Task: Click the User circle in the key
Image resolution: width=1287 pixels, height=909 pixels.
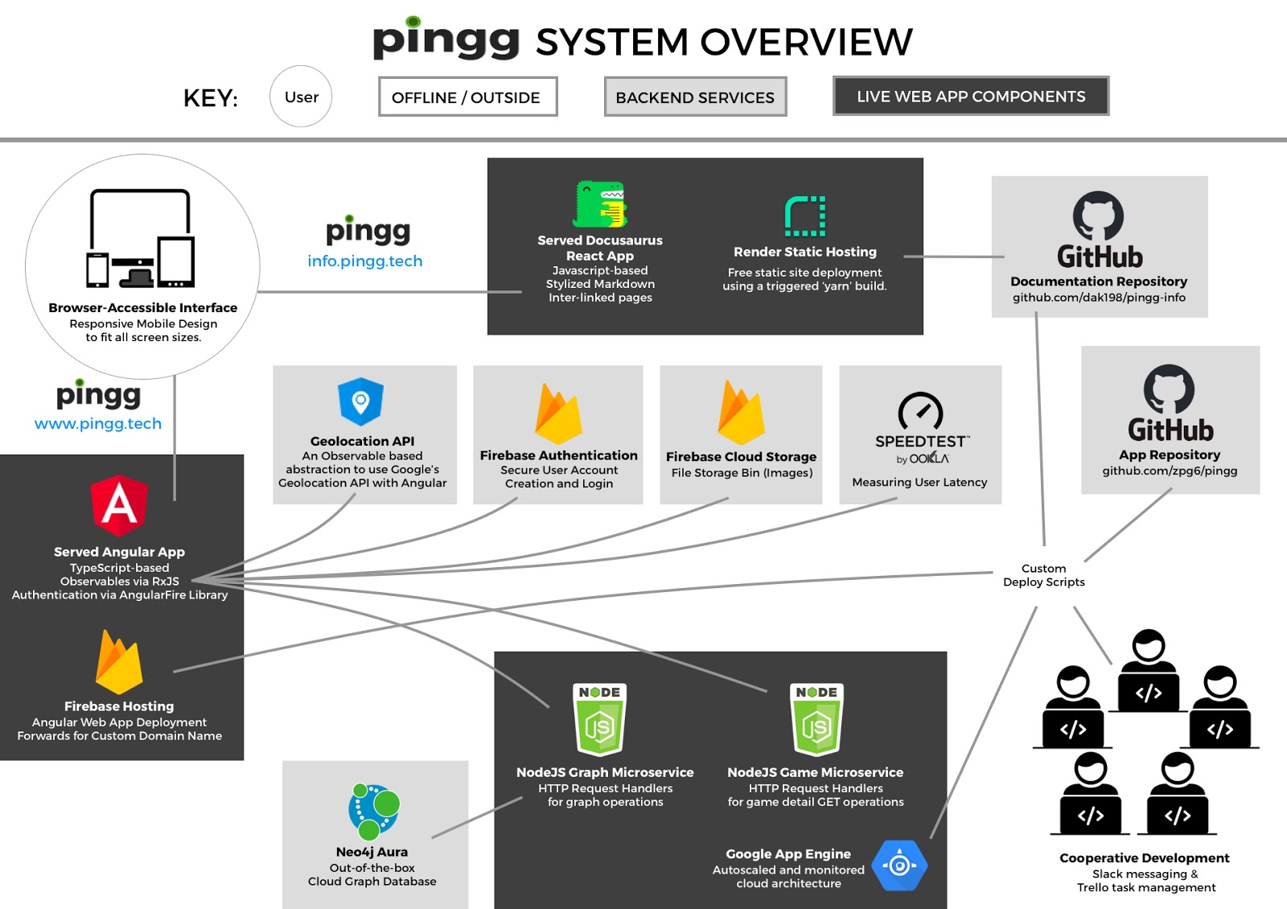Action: tap(301, 97)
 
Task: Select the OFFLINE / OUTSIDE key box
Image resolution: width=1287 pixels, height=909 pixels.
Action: tap(467, 97)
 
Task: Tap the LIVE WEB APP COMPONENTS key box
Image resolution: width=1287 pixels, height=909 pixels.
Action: tap(971, 97)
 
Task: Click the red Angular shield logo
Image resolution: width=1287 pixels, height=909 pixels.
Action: tap(119, 505)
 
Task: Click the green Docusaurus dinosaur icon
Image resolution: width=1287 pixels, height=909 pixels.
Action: tap(601, 204)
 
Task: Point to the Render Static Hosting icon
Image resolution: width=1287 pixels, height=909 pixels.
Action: tap(805, 216)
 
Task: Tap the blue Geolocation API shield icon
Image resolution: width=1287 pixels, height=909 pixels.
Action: tap(360, 401)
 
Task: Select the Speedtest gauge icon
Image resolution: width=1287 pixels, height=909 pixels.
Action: tap(920, 412)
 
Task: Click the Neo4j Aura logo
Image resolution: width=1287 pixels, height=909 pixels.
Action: tap(374, 811)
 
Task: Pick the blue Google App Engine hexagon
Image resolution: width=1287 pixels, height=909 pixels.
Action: tap(899, 866)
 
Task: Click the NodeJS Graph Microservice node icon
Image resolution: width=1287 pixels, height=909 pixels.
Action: tap(600, 720)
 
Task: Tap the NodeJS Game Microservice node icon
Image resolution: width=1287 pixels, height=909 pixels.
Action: tap(816, 720)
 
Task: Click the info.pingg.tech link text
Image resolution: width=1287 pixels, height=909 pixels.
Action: tap(364, 261)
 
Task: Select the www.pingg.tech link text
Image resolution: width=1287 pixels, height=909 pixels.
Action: tap(98, 423)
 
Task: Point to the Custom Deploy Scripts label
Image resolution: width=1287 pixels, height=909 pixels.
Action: tap(1043, 575)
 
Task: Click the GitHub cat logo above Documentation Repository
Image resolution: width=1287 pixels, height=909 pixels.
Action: tap(1098, 215)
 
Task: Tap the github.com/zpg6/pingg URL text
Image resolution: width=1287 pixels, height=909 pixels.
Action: tap(1170, 471)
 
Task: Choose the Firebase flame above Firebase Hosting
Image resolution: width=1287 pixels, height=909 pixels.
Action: tap(119, 663)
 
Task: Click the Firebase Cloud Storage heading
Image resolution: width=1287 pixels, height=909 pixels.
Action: tap(741, 456)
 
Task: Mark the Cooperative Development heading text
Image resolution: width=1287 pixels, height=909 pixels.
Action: tap(1144, 858)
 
